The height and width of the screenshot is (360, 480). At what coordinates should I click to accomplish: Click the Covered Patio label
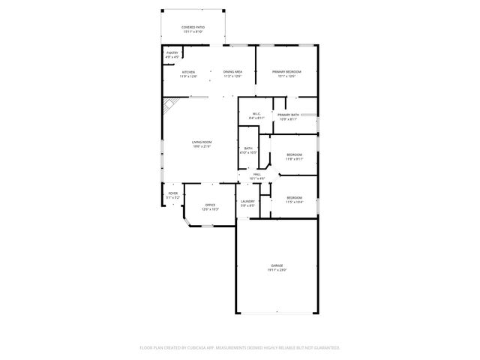pos(193,27)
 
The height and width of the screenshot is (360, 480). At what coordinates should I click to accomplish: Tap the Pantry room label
pos(172,53)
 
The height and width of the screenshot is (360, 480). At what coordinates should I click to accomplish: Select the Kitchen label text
pos(188,72)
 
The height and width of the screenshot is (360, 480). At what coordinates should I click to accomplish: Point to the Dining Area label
pos(232,72)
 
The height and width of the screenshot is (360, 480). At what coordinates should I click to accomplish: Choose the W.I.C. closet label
pos(256,114)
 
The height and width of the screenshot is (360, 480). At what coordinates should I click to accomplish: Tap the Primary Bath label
pos(289,115)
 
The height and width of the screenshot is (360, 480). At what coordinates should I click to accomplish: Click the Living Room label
pos(201,142)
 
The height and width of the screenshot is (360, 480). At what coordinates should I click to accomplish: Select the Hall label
pos(257,175)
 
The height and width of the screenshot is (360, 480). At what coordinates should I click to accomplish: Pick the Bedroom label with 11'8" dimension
pos(294,154)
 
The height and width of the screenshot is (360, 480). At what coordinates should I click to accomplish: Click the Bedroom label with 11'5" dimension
pos(294,198)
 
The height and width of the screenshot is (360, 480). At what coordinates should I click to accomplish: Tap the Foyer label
pos(172,193)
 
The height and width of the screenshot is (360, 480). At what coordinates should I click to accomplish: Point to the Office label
pos(211,205)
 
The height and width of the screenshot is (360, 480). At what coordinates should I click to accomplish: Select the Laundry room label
pos(247,201)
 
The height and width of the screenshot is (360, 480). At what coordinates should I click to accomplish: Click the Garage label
pos(277,265)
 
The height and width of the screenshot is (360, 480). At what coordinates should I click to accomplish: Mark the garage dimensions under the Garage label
pos(277,270)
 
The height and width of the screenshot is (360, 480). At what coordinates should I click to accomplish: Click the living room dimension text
pos(201,146)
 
